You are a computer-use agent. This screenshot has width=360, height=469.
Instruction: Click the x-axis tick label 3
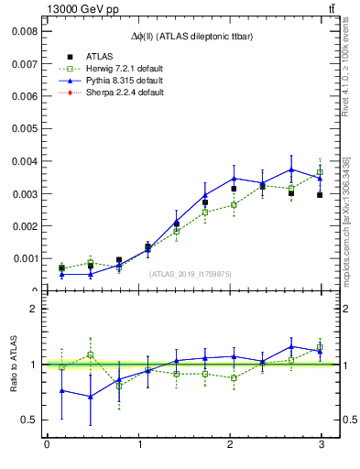click(x=322, y=445)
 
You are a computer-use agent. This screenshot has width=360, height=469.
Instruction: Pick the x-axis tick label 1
click(x=138, y=445)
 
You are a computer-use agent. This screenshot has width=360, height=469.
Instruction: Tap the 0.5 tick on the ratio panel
click(x=28, y=420)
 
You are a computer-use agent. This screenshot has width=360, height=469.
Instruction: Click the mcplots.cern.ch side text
click(x=346, y=229)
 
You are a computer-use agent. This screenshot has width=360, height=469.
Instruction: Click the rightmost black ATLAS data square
click(x=320, y=195)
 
